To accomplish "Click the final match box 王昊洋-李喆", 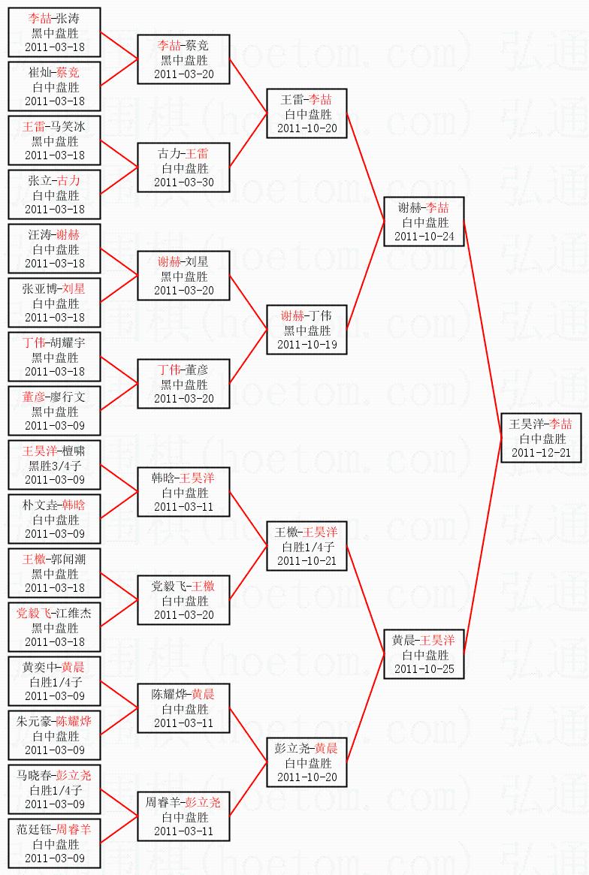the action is point(541,438).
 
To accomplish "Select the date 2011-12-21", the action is point(541,453).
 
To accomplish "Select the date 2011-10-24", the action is point(424,237).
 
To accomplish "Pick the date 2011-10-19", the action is point(307,345).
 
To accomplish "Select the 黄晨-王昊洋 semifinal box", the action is point(424,654).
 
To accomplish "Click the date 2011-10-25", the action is point(424,669).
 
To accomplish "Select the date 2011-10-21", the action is point(307,561).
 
